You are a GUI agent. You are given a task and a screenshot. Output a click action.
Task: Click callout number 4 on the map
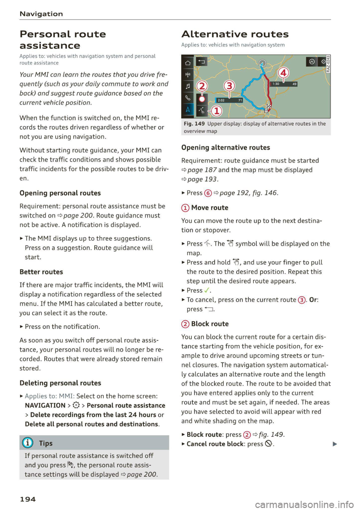[283, 73]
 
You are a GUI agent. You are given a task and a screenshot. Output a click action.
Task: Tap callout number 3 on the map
[229, 86]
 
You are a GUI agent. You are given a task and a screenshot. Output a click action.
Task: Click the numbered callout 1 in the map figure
[216, 111]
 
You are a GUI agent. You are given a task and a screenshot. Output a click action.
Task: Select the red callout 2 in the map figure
[202, 86]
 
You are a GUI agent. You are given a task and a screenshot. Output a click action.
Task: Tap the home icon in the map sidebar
[188, 63]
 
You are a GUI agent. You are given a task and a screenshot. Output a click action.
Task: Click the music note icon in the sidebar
[188, 86]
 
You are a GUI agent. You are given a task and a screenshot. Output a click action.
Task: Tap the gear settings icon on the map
[323, 61]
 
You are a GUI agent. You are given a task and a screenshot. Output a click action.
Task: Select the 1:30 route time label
[276, 84]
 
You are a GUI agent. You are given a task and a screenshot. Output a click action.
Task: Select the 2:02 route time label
[221, 100]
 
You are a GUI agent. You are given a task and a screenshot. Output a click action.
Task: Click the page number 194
[28, 499]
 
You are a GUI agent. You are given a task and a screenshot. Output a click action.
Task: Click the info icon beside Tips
[27, 443]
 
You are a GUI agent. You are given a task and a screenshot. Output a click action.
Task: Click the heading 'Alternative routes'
[235, 34]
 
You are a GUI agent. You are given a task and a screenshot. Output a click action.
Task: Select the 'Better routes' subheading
[41, 272]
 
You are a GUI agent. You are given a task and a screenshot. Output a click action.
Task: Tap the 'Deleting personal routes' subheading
[60, 383]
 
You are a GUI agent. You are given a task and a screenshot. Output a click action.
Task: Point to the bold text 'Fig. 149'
[194, 124]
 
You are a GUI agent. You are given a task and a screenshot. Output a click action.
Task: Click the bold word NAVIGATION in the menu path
[45, 405]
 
